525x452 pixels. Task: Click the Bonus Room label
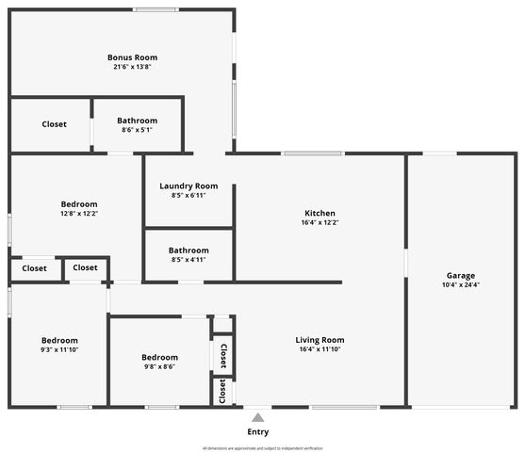tap(131, 57)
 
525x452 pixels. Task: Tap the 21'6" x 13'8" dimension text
tap(131, 67)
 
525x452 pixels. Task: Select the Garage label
tap(461, 275)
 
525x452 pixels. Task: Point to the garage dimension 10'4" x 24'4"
tap(461, 285)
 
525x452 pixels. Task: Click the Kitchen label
tap(320, 213)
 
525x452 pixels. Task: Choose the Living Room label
tap(320, 340)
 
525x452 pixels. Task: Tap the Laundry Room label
tap(189, 186)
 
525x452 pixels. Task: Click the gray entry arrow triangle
tap(257, 417)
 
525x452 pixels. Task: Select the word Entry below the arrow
tap(257, 432)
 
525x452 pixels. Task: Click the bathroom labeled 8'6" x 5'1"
tap(137, 121)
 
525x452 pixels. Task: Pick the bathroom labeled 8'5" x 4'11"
tap(189, 250)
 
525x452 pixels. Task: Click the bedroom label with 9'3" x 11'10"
tap(59, 340)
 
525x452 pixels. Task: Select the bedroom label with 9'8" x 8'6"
tap(159, 357)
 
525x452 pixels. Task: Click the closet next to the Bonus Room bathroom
tap(54, 124)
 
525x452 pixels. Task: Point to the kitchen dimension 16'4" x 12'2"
tap(320, 223)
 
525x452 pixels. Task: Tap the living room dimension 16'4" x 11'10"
tap(320, 350)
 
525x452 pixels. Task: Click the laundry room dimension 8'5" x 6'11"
tap(189, 195)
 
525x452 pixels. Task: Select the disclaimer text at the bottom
tap(262, 448)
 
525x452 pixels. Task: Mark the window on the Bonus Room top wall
tap(156, 9)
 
